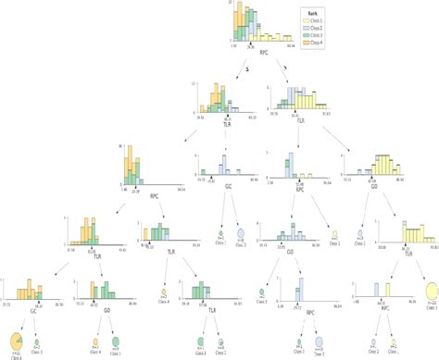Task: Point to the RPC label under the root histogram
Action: (x=262, y=54)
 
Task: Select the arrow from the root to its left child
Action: (x=246, y=70)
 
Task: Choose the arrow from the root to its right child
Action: (x=284, y=70)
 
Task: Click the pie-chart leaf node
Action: (x=18, y=318)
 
